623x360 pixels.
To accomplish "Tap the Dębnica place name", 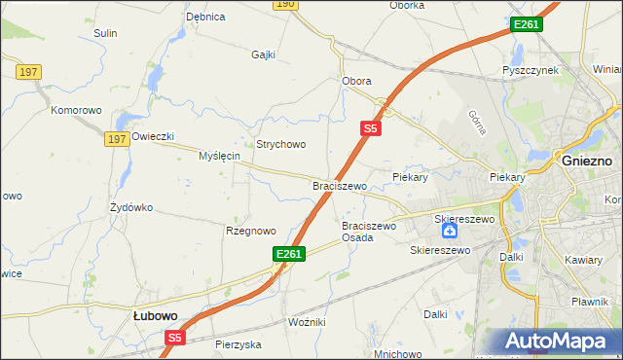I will [x=205, y=17].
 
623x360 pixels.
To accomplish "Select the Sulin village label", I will [x=105, y=33].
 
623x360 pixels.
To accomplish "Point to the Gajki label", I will [x=265, y=54].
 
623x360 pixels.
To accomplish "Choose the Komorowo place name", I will [x=77, y=110].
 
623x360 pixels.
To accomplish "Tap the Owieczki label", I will [x=153, y=136].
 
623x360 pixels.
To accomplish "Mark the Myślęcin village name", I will [x=219, y=156].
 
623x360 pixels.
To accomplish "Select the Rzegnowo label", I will [x=251, y=231].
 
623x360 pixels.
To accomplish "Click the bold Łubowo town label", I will [x=155, y=315].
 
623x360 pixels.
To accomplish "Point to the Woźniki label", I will [x=307, y=321].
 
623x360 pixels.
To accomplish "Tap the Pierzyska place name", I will [x=239, y=344].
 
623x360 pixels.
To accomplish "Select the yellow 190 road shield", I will [x=284, y=5].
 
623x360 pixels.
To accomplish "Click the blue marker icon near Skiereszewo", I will [x=449, y=232].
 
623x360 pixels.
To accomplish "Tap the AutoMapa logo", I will [x=561, y=342].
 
